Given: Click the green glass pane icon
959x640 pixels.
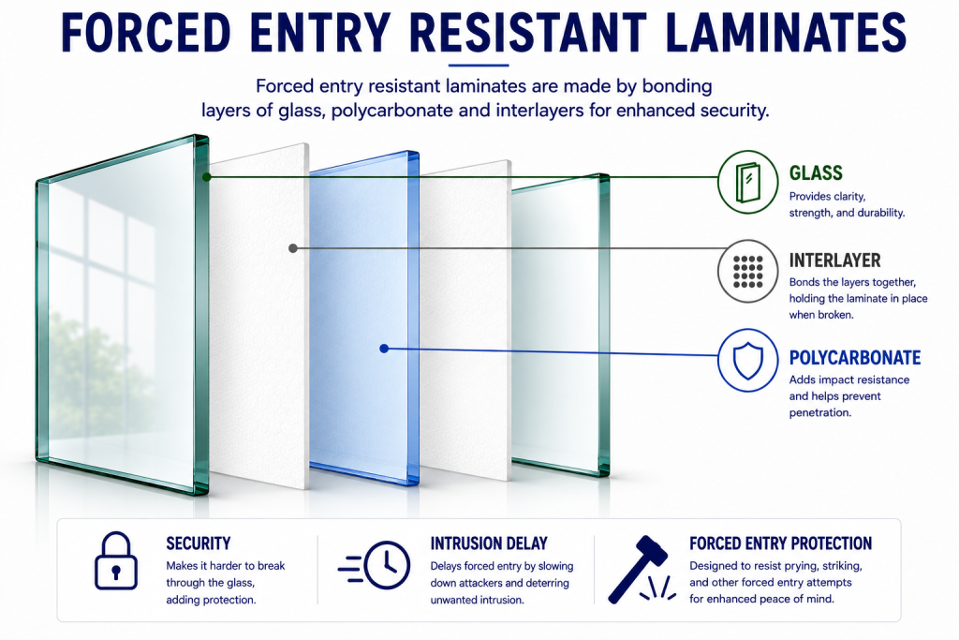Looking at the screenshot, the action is click(747, 182).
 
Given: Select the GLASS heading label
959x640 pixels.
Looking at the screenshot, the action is click(816, 173).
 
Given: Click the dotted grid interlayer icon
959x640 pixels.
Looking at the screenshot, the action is click(747, 271).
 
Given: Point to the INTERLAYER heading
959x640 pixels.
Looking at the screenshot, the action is click(834, 260).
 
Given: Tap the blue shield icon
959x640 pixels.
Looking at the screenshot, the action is click(747, 361).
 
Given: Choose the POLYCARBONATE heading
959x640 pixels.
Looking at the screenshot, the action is click(855, 358).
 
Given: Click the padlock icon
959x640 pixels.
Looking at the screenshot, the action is click(115, 560).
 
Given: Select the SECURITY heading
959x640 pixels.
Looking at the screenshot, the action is click(199, 543).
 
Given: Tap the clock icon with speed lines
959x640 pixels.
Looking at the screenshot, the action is click(375, 565).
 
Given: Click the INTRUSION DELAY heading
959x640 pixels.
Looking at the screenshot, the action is click(489, 543).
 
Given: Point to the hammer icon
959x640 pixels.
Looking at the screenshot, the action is click(640, 569).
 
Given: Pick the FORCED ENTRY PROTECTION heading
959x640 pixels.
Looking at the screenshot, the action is click(780, 543).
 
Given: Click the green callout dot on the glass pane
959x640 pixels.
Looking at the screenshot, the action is click(207, 177).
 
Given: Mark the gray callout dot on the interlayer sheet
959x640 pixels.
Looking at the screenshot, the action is click(293, 248).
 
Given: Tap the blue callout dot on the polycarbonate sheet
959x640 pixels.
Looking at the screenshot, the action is click(384, 349).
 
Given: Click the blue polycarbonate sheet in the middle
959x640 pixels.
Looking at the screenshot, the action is click(364, 319).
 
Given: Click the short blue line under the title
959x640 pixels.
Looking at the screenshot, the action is click(479, 65).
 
